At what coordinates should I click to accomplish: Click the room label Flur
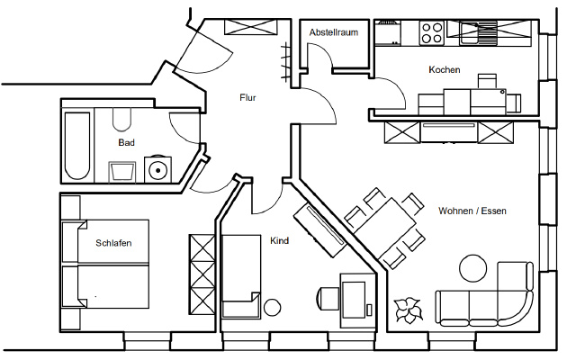[247, 98]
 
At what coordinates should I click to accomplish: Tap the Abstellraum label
[334, 32]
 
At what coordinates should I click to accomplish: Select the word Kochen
[445, 70]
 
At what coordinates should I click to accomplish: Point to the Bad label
[126, 143]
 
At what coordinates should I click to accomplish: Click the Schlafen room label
[114, 243]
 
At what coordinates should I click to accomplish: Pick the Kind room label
[279, 241]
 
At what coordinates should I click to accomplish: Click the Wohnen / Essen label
[472, 211]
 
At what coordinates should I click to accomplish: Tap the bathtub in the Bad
[76, 145]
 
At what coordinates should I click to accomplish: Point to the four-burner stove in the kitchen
[432, 32]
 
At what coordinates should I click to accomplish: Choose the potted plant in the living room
[409, 310]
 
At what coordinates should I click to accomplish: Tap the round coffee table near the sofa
[472, 267]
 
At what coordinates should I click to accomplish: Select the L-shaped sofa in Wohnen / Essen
[486, 301]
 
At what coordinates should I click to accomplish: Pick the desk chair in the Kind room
[328, 297]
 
